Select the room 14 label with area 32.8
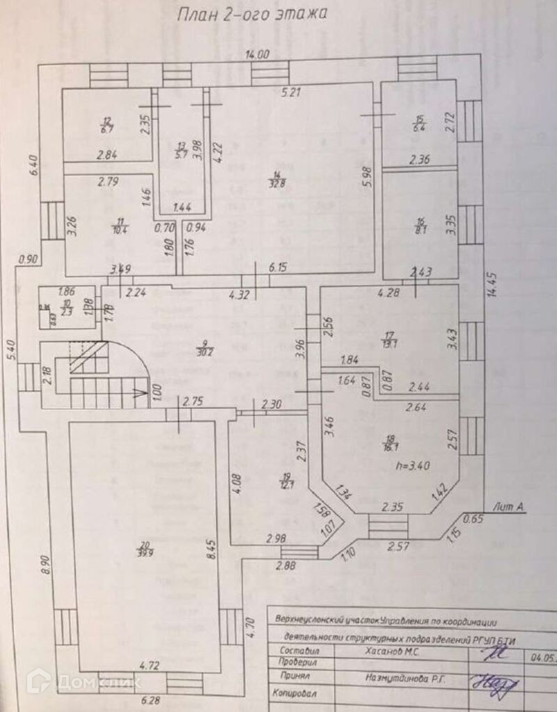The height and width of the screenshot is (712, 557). [277, 179]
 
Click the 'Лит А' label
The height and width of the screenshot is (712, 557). [508, 507]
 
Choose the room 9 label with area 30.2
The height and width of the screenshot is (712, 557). [205, 346]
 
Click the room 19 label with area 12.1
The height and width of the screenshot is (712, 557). [285, 480]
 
